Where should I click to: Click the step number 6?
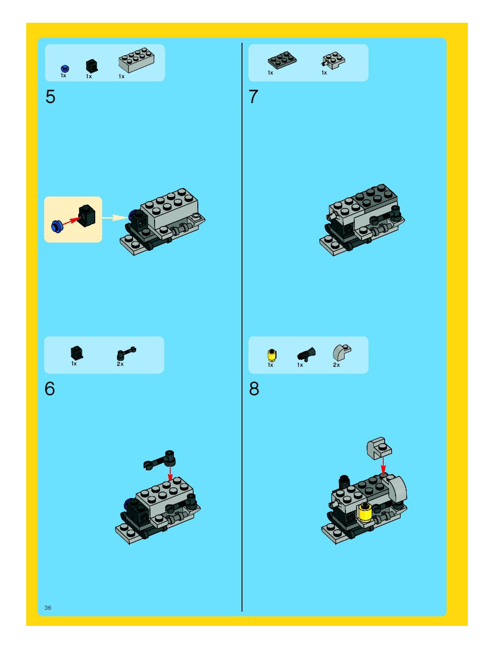pos(50,388)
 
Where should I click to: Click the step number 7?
pos(253,97)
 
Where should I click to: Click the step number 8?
pos(254,388)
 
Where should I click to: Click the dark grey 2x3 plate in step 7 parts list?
pos(282,60)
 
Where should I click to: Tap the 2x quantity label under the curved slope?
pos(336,365)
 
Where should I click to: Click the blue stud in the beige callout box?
pos(57,226)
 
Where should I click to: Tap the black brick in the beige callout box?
pos(87,216)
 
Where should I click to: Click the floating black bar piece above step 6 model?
pos(160,460)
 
